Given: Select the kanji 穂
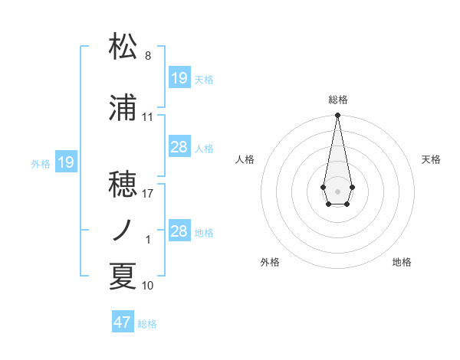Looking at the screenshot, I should pos(123,184).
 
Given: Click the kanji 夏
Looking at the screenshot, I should pos(123,276).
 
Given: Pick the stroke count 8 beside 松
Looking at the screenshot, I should pos(148,56).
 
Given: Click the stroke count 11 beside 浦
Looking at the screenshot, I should pos(148,117).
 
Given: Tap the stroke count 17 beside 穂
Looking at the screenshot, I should pos(148,194).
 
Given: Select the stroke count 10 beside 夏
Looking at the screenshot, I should pos(148,286).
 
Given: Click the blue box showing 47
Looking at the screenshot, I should pos(123,322).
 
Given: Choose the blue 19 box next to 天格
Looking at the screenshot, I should pos(179,78).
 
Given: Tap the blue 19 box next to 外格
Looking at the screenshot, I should pos(66,162).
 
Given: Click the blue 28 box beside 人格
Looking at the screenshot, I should pos(179,147).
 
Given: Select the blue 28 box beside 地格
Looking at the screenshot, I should pos(179,231).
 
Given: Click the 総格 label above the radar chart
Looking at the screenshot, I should pos(337,100).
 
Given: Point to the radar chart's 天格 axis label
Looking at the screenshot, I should pos(432,159).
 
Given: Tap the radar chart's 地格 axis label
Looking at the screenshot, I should pos(402,262).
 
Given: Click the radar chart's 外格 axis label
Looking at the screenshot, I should pos(270,262).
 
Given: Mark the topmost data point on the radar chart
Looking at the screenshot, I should pos(337,116).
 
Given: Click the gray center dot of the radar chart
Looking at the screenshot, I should pos(337,191).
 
